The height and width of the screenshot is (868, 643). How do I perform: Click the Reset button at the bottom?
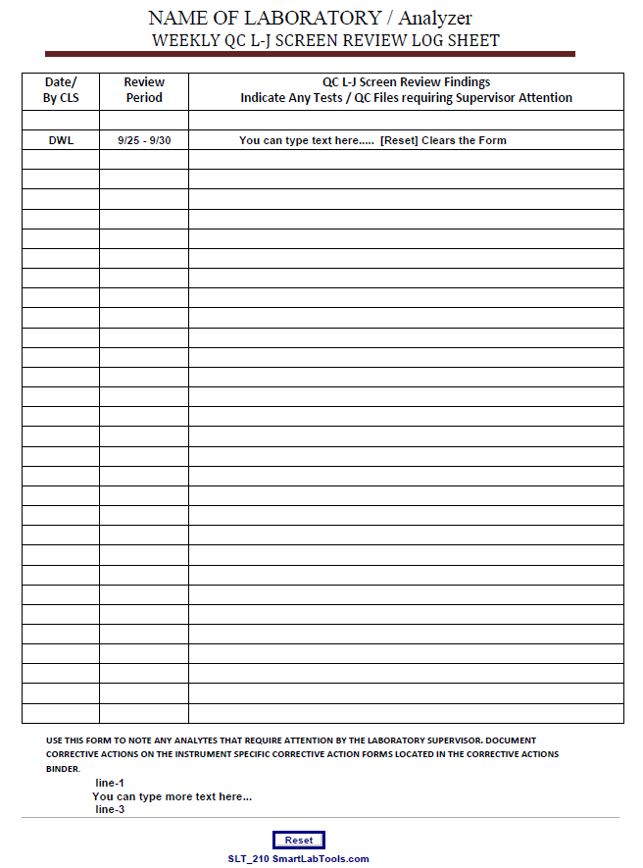299,841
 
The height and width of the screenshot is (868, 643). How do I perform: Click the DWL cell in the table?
61,140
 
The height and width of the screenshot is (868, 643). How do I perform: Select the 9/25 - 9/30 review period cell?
144,140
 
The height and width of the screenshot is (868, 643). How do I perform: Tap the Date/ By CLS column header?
61,90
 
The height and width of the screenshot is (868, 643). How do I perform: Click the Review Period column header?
144,90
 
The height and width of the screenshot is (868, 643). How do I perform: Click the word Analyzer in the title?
435,18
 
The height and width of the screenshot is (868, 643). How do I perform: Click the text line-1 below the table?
110,783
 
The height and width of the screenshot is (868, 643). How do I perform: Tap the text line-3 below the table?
110,809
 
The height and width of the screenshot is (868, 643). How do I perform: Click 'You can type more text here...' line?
172,796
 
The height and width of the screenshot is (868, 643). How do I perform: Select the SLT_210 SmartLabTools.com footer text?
299,859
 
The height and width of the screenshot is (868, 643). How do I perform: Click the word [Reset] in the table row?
398,140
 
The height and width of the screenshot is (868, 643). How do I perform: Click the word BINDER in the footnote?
64,769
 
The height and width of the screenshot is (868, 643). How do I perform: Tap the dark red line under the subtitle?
310,54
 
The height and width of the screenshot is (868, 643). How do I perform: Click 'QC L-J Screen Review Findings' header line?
406,82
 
